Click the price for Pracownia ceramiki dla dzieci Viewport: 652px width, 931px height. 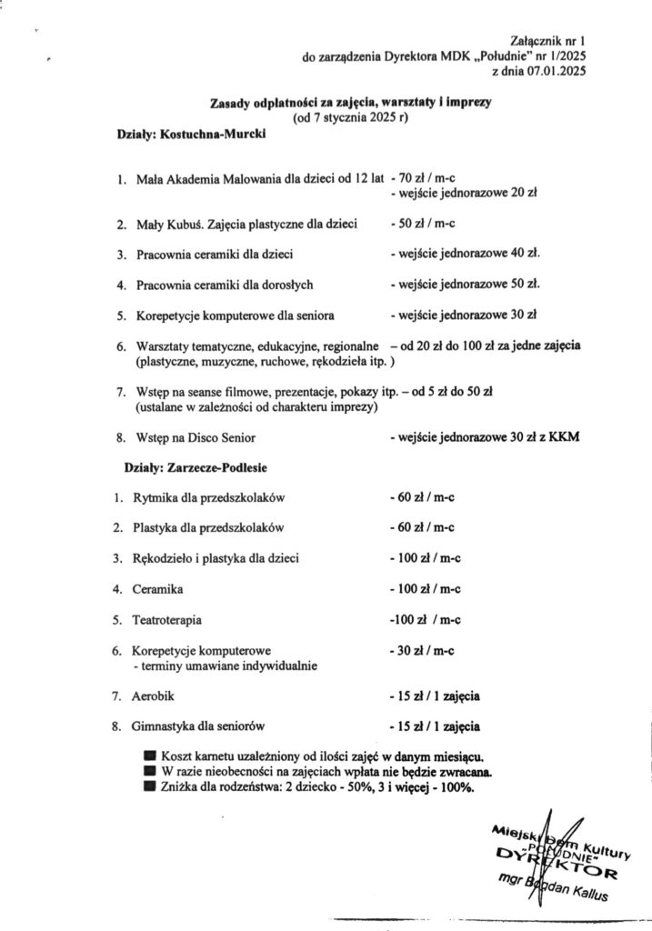click(x=465, y=254)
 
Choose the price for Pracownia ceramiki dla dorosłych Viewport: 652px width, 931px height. click(x=465, y=285)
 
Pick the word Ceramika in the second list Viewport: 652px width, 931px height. click(x=157, y=589)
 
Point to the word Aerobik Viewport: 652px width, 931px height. click(x=153, y=696)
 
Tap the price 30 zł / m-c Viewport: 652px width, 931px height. click(x=422, y=651)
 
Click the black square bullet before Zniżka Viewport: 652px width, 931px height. click(x=149, y=787)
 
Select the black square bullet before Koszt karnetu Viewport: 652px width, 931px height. click(x=149, y=756)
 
